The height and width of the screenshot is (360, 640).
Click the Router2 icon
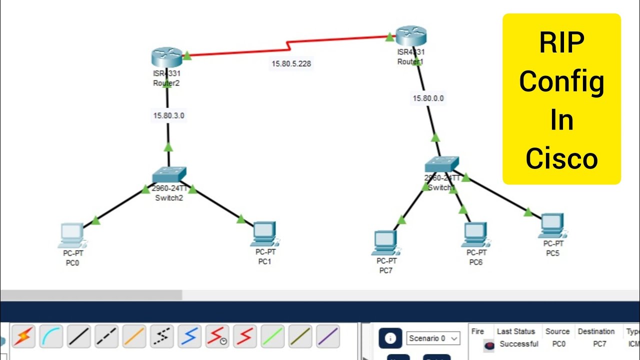(166, 57)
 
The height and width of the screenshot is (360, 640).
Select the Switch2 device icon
(169, 175)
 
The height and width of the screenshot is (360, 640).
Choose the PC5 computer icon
(552, 225)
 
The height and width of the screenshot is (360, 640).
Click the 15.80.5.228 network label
(291, 63)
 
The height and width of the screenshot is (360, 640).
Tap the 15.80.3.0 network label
(168, 115)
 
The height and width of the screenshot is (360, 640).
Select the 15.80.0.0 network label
(428, 98)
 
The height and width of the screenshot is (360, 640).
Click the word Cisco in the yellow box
(561, 158)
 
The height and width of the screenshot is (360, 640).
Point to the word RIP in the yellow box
(561, 43)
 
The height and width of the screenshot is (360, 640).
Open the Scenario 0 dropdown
(433, 338)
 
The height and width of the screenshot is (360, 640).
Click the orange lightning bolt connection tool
(23, 336)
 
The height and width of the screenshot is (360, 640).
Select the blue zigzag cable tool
(189, 336)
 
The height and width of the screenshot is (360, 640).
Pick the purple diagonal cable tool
(327, 336)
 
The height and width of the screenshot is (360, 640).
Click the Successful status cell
(518, 344)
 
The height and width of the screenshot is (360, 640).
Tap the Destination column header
(596, 331)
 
